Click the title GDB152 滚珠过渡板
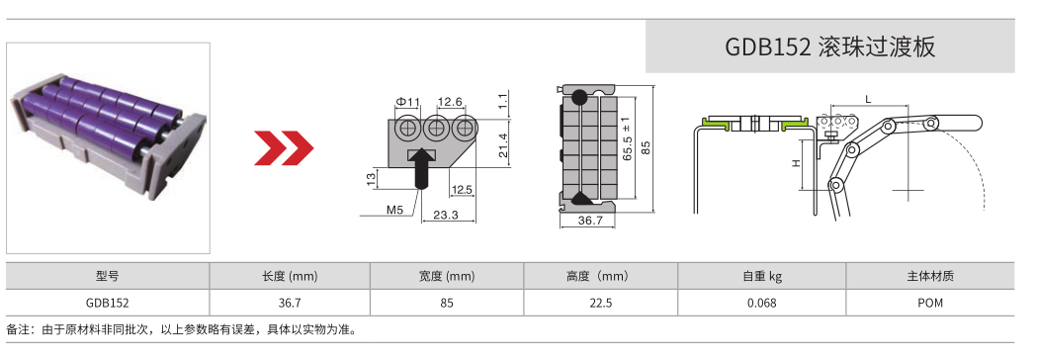pos(829,46)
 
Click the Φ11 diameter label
pos(407,102)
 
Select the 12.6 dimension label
pos(451,102)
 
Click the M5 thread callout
pos(394,210)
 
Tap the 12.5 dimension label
pos(461,189)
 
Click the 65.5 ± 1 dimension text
pos(627,144)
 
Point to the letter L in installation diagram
pos(867,99)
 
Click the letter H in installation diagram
pos(796,164)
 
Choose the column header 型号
pos(108,277)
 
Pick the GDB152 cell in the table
pos(108,303)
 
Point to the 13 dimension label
pos(371,178)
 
